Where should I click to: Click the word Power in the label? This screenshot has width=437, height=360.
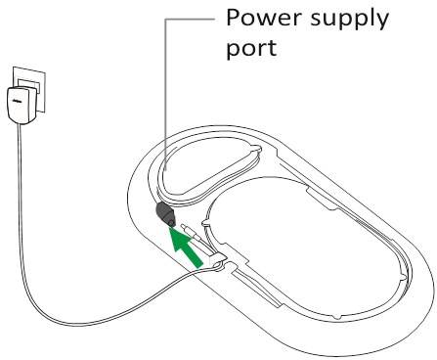coord(260,19)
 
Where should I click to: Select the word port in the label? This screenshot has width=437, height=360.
coord(251,48)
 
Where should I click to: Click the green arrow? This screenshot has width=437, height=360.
coord(187,246)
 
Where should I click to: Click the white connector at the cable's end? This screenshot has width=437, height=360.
coord(217,260)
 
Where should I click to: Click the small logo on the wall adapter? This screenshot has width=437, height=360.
coord(14,98)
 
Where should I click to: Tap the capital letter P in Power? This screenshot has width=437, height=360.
coord(235,19)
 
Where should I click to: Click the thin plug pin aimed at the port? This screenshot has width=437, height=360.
coord(196,240)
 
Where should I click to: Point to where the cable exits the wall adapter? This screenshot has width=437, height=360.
coord(21,124)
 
